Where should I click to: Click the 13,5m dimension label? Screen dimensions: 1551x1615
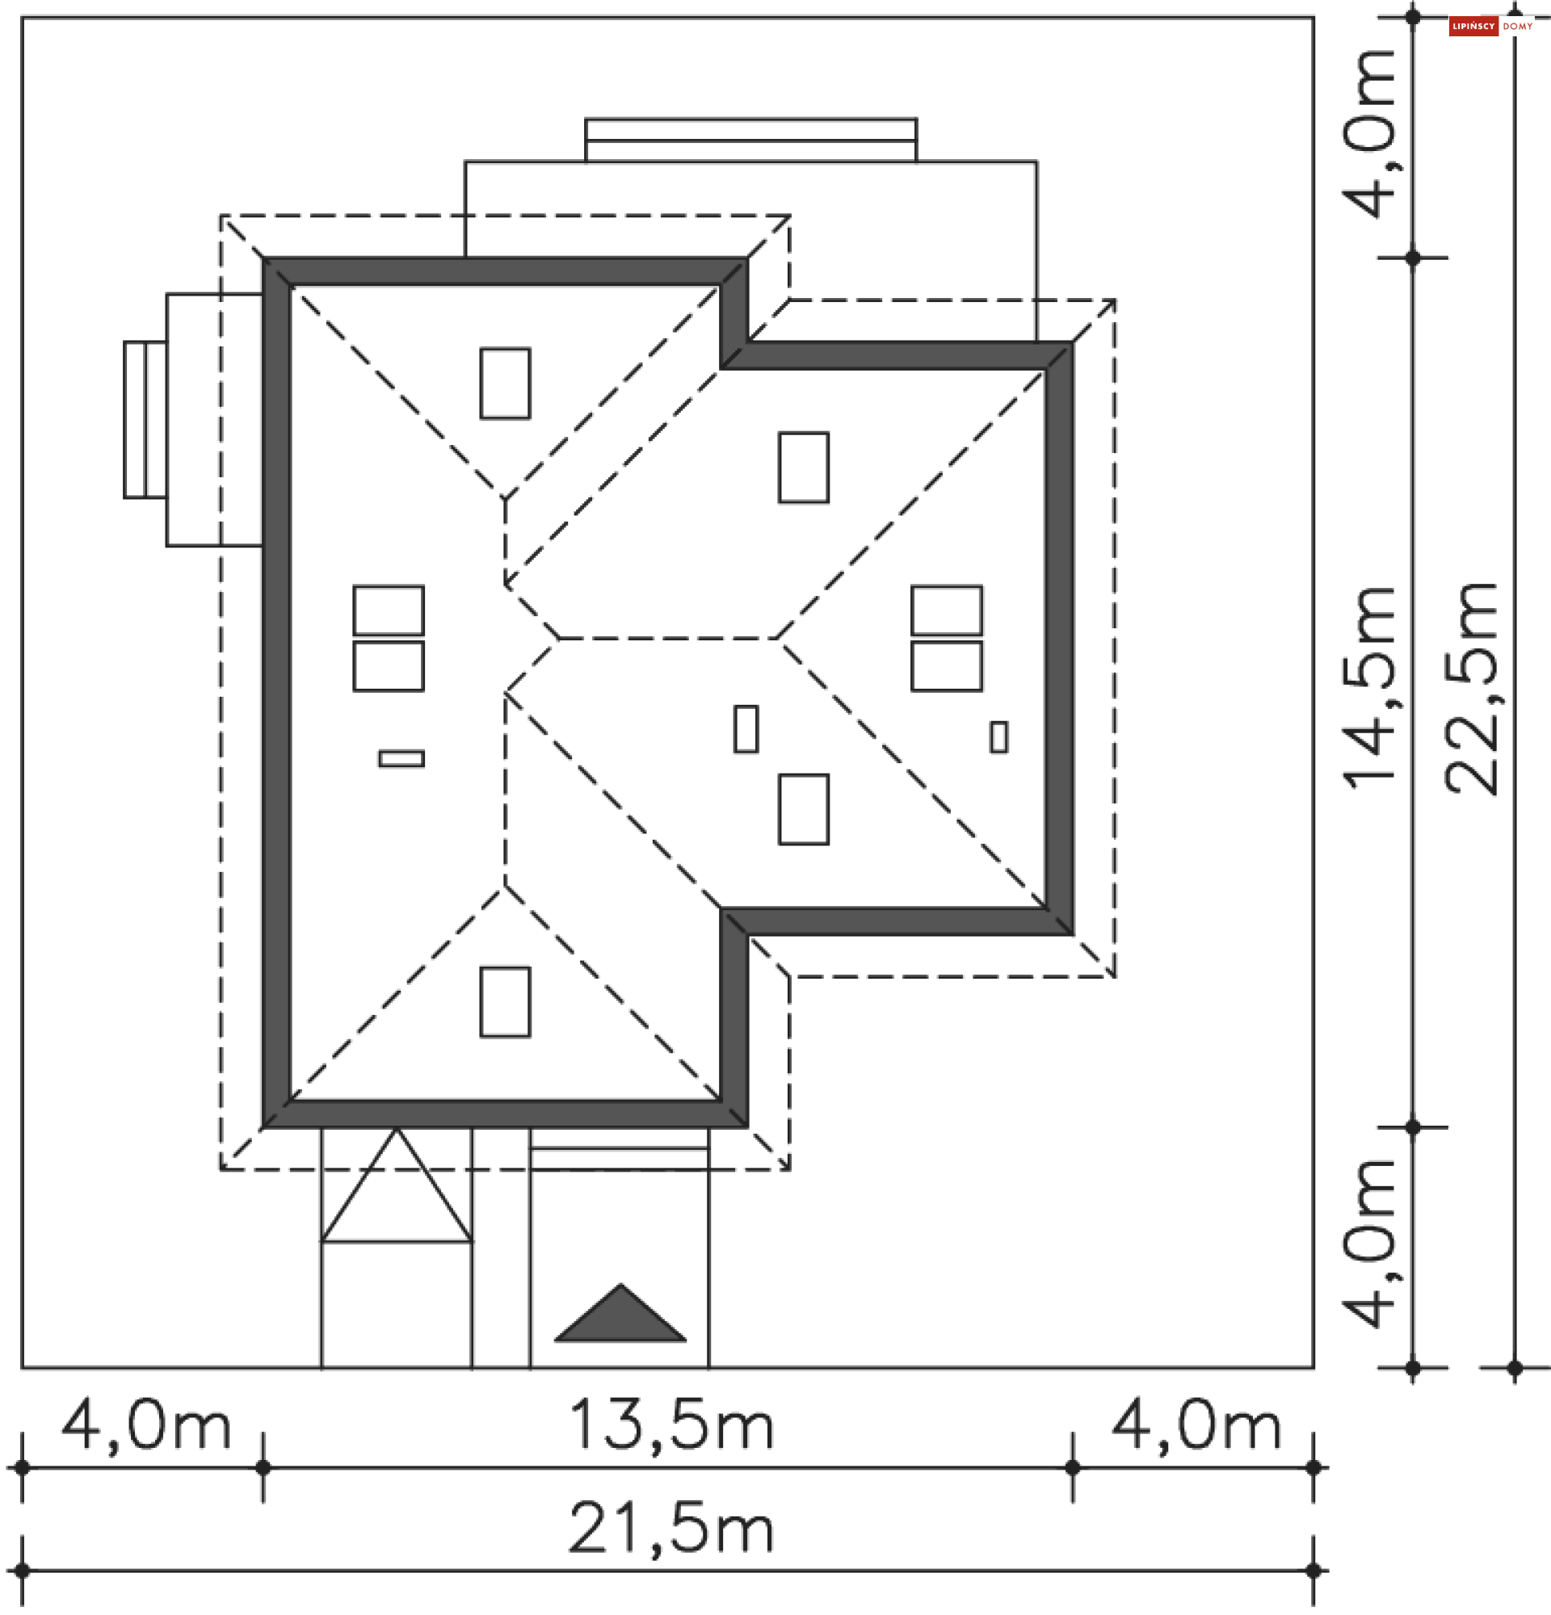click(x=670, y=1424)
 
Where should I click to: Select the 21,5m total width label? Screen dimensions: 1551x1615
click(x=670, y=1529)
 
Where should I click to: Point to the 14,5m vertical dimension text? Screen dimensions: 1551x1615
click(x=1371, y=687)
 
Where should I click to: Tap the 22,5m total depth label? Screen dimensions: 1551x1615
click(x=1471, y=687)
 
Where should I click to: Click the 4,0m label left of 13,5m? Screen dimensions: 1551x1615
click(x=146, y=1424)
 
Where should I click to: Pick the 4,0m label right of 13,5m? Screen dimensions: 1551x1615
click(x=1196, y=1424)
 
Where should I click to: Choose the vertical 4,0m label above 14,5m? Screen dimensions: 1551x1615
click(x=1371, y=134)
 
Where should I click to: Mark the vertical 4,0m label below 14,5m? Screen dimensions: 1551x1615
click(x=1371, y=1244)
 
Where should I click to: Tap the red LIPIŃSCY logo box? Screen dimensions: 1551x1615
click(x=1473, y=27)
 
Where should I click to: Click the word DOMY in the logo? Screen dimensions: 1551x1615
click(x=1517, y=27)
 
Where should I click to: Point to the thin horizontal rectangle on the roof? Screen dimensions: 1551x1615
click(x=401, y=758)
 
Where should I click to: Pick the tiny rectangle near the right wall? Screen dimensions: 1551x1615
click(x=998, y=736)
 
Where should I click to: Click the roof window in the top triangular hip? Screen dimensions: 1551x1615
click(x=505, y=383)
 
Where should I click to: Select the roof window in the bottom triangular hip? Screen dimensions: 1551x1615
click(x=505, y=1002)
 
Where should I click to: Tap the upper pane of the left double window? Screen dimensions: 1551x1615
click(x=389, y=610)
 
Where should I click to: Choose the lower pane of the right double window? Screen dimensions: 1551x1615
click(x=946, y=665)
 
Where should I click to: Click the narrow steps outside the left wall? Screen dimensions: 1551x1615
click(x=145, y=419)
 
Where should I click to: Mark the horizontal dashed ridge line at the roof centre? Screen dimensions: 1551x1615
click(x=667, y=639)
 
